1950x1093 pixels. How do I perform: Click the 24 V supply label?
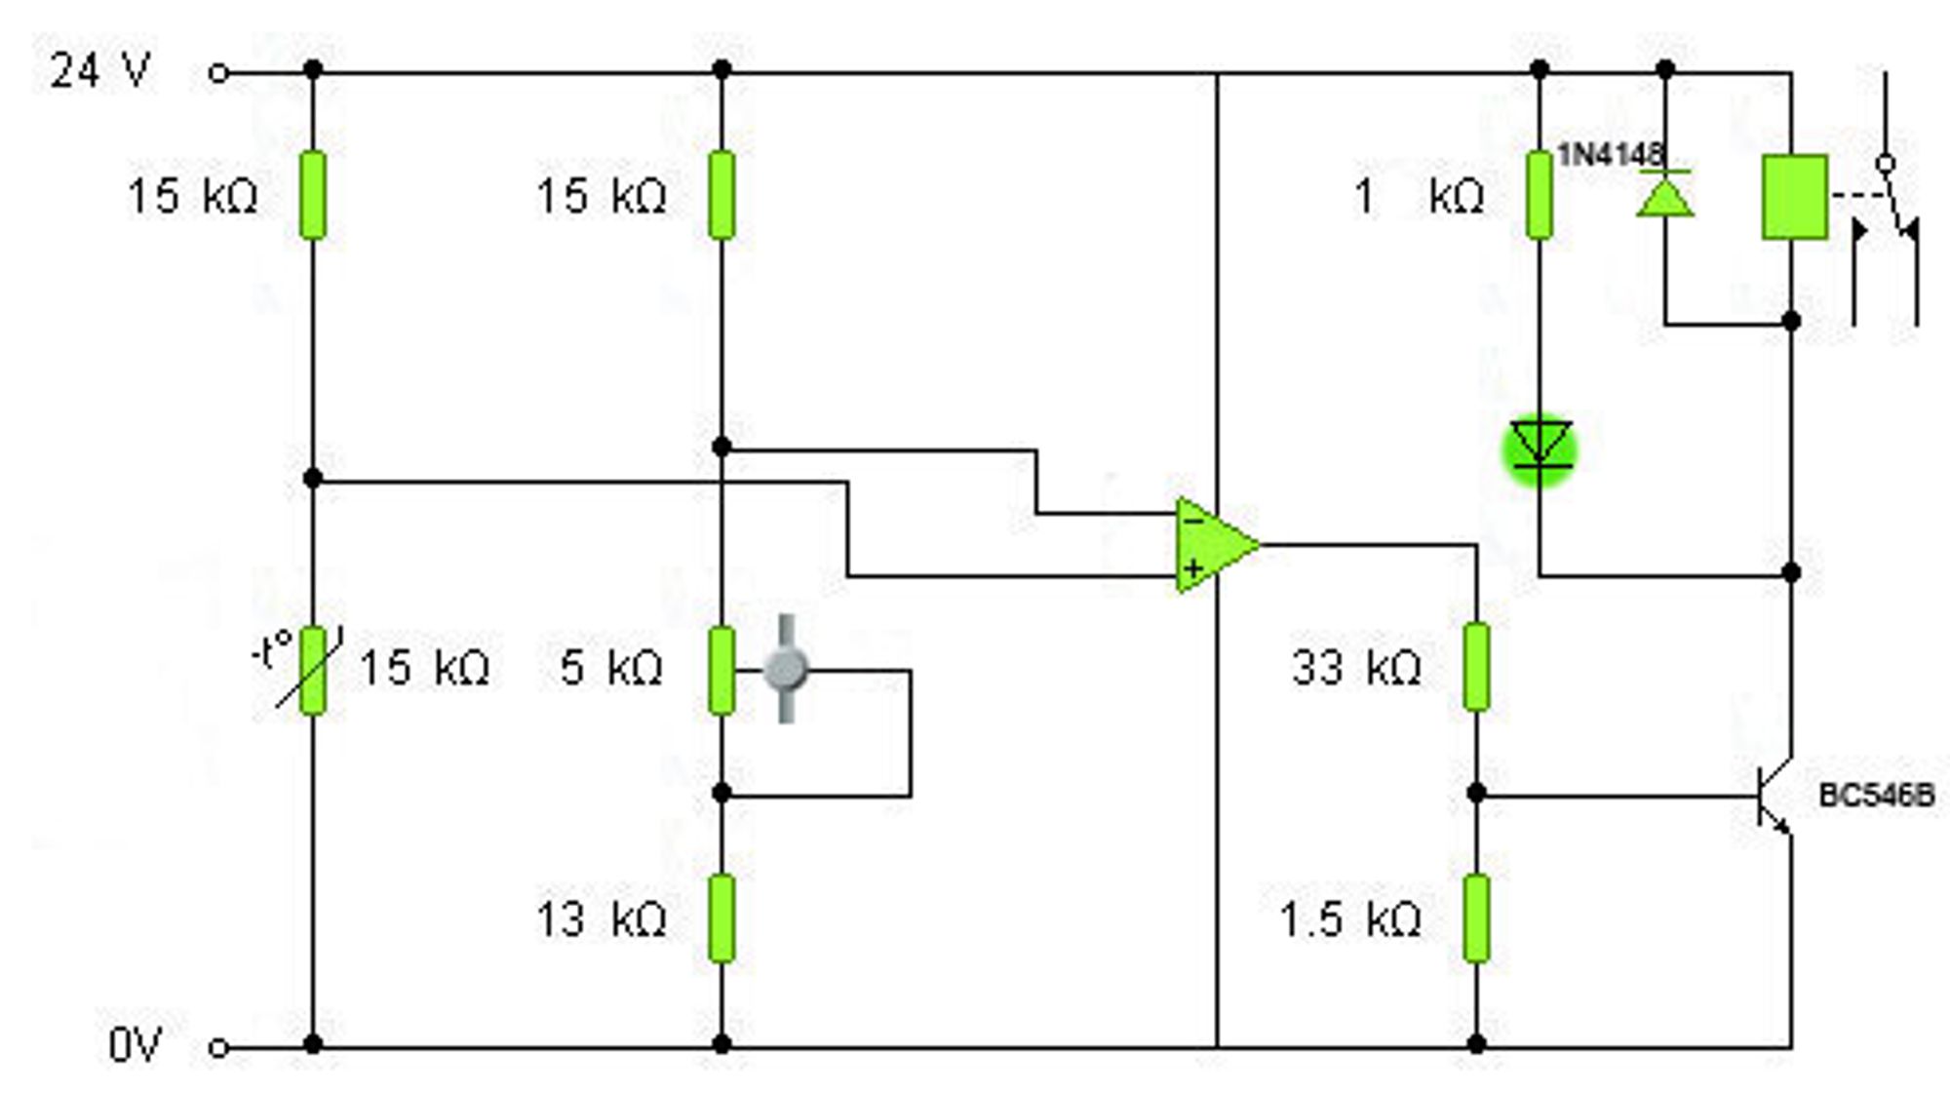tap(100, 71)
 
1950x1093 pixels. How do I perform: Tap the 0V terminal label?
tap(135, 1045)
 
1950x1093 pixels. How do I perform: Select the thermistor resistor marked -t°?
tap(312, 671)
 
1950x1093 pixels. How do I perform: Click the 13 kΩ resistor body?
tap(721, 918)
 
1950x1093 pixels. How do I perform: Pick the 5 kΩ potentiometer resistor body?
tap(721, 671)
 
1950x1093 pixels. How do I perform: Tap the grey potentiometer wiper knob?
tap(786, 669)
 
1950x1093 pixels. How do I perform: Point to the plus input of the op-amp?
tap(1192, 568)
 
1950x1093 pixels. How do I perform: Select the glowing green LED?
tap(1540, 449)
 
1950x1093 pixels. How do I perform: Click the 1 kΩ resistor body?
tap(1540, 195)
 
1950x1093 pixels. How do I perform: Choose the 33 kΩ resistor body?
tap(1476, 668)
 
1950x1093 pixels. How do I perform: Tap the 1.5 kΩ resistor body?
tap(1476, 918)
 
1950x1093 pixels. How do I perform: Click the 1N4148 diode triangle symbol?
tap(1665, 193)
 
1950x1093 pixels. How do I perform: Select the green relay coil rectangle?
tap(1794, 196)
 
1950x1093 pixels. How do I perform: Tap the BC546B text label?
tap(1877, 795)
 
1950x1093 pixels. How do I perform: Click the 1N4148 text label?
tap(1611, 154)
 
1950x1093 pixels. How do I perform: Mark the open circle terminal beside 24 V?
tap(219, 72)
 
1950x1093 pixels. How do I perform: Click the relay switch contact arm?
tap(1900, 199)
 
